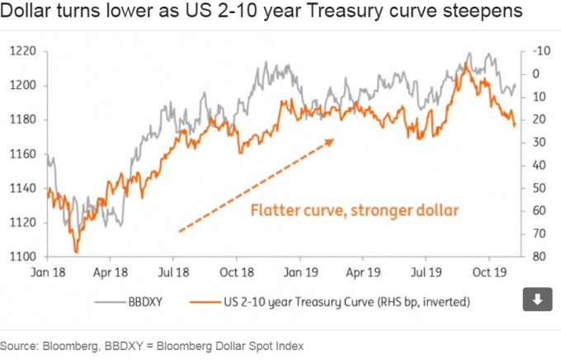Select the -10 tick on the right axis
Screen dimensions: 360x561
click(x=540, y=51)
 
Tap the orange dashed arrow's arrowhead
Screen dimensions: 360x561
click(x=330, y=140)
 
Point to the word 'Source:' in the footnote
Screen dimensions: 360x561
click(x=21, y=345)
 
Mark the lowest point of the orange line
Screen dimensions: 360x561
click(x=76, y=252)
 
